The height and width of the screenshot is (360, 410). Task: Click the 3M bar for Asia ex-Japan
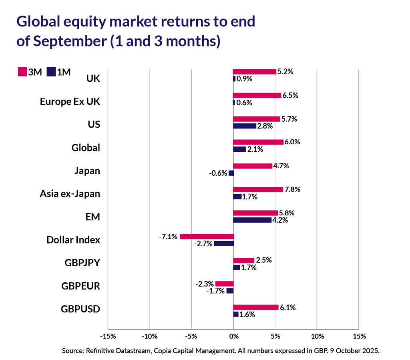click(258, 189)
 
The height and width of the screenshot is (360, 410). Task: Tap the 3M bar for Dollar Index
click(207, 236)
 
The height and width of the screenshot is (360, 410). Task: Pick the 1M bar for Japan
click(231, 173)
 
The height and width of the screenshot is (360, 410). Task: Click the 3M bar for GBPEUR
click(224, 284)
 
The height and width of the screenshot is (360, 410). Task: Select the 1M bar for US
click(245, 126)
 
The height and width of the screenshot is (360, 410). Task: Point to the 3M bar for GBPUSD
click(255, 307)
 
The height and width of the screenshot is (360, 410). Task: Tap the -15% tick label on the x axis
click(108, 336)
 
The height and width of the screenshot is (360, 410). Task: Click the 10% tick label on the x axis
click(317, 336)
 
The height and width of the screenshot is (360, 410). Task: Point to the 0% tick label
click(233, 336)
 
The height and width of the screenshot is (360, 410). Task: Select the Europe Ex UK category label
click(70, 101)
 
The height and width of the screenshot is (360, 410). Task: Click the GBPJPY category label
click(82, 263)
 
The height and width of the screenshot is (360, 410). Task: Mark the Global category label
click(86, 148)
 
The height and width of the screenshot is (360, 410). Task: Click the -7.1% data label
click(169, 237)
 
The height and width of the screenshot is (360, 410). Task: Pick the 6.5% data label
click(290, 95)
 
